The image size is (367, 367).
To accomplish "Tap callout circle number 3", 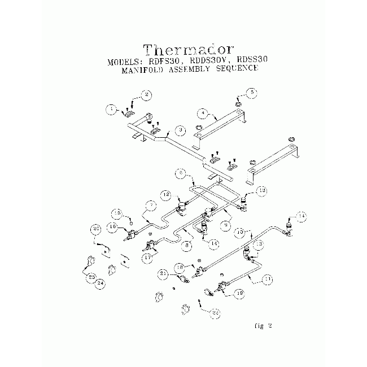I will pos(180,130).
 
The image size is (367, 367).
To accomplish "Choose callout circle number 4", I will pos(202,113).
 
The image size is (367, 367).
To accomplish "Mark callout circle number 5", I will pos(252,91).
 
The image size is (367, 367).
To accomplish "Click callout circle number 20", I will pos(96,229).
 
